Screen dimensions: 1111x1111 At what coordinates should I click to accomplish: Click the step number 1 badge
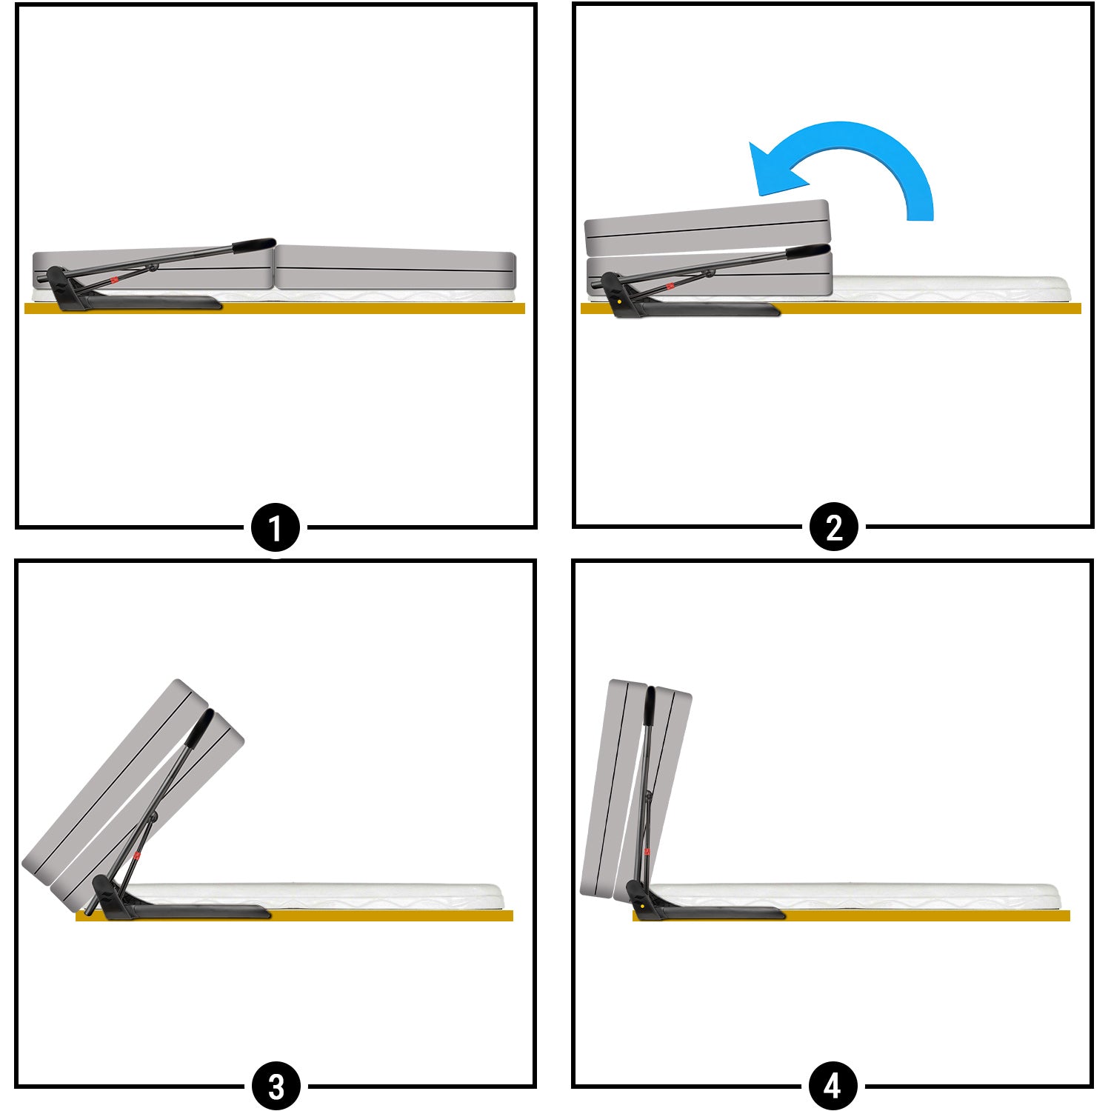pyautogui.click(x=276, y=528)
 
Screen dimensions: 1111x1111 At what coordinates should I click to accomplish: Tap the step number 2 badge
pyautogui.click(x=833, y=527)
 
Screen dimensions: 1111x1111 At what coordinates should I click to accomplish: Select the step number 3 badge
pyautogui.click(x=276, y=1087)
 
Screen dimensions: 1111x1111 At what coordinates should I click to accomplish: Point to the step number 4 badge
pyautogui.click(x=833, y=1086)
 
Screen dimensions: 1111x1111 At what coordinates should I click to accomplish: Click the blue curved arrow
pyautogui.click(x=867, y=144)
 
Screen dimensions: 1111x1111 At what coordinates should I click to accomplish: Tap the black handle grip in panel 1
pyautogui.click(x=254, y=244)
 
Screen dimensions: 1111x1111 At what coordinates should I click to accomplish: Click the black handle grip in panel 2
pyautogui.click(x=807, y=250)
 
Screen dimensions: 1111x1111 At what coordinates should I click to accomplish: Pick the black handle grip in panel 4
pyautogui.click(x=650, y=707)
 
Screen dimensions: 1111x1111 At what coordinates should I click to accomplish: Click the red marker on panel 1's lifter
pyautogui.click(x=114, y=279)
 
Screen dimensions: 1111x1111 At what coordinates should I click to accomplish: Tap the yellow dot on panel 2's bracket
pyautogui.click(x=618, y=301)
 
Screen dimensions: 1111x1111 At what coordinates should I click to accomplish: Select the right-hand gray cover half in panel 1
pyautogui.click(x=396, y=267)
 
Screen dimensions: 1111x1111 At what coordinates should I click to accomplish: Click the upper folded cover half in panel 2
pyautogui.click(x=707, y=229)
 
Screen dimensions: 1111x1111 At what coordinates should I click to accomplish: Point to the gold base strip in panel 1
pyautogui.click(x=275, y=308)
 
